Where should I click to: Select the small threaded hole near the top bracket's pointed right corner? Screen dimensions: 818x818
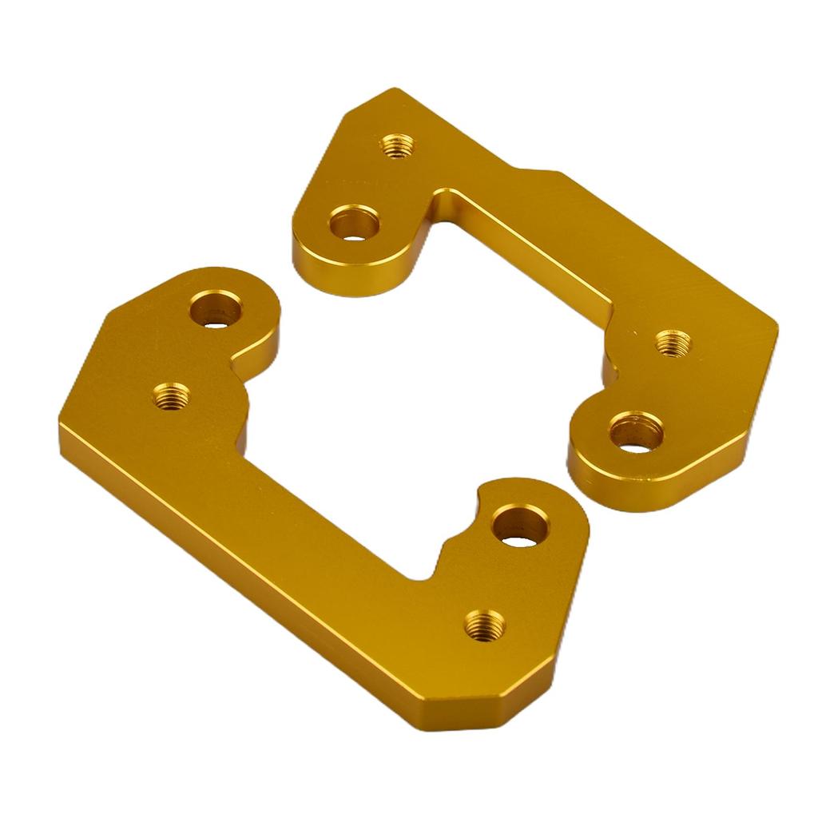(x=673, y=343)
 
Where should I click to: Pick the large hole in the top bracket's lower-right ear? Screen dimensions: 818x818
(x=637, y=434)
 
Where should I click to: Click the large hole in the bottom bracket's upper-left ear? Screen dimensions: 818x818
(x=216, y=308)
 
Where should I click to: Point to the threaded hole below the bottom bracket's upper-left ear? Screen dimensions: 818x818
(x=172, y=395)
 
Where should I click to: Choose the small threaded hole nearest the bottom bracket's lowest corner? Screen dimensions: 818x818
(x=485, y=624)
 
